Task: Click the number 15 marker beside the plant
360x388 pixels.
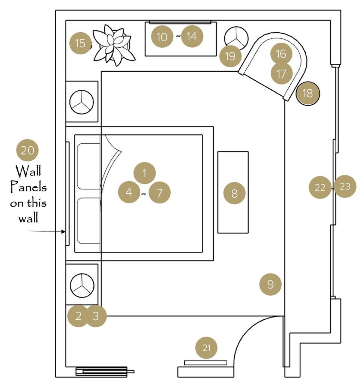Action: pos(81,44)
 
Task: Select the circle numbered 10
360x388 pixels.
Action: pos(162,37)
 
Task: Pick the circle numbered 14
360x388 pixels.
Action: pos(192,37)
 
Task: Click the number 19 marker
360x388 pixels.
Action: pos(230,56)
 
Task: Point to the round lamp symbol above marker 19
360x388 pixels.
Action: pos(237,38)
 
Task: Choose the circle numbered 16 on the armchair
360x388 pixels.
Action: pos(281,54)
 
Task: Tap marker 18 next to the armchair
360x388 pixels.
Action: pos(307,93)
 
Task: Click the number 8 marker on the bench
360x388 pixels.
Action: pos(234,193)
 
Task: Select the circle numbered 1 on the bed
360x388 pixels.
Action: pos(144,173)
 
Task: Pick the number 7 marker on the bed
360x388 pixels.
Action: pos(160,193)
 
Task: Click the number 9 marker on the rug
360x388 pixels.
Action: pos(270,285)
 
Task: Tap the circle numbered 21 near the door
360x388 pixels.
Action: pos(207,348)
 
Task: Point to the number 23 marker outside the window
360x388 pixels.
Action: pos(345,186)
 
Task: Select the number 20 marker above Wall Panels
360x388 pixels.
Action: pos(27,150)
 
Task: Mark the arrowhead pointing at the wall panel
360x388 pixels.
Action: pos(64,232)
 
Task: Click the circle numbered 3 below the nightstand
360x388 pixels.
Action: pos(96,316)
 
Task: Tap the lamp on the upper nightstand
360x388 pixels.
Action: pos(82,102)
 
